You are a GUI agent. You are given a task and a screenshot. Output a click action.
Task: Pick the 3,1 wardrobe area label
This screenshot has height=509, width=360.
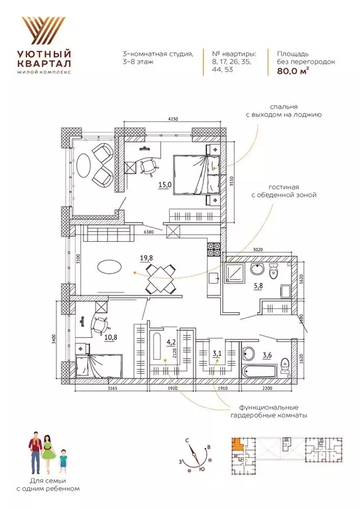pyautogui.click(x=216, y=354)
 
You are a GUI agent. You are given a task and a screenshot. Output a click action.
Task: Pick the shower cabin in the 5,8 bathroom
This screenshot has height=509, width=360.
pyautogui.click(x=237, y=272)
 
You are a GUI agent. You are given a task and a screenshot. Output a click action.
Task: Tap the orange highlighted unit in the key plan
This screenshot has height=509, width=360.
pyautogui.click(x=237, y=446)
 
